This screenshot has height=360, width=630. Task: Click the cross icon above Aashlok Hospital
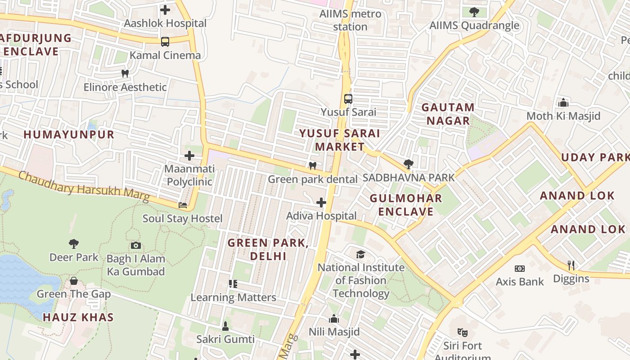point(165,9)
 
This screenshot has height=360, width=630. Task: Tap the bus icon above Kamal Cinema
point(165,42)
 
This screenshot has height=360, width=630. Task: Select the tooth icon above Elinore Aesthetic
point(125,73)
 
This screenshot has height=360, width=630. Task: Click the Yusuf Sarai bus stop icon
point(348,99)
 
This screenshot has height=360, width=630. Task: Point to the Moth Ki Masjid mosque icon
point(563,103)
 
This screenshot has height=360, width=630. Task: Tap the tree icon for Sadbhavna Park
point(409,164)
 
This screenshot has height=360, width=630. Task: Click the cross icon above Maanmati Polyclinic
point(189,156)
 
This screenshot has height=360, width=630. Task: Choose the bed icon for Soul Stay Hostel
point(183,205)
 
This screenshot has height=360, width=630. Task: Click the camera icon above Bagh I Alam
point(136,245)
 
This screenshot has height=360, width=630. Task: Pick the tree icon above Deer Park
point(74,244)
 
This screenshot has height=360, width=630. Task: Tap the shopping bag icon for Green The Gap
point(74,281)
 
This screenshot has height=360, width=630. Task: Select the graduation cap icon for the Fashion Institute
point(360,255)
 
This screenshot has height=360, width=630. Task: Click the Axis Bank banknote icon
point(520,269)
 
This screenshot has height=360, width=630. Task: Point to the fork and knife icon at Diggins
point(571,265)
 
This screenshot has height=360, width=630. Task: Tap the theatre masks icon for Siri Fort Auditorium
point(462,333)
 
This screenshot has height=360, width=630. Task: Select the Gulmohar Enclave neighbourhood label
point(406,205)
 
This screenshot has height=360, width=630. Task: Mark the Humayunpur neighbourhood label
point(69,134)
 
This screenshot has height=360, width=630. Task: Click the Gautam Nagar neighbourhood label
point(448,114)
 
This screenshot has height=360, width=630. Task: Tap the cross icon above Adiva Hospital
point(321,202)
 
